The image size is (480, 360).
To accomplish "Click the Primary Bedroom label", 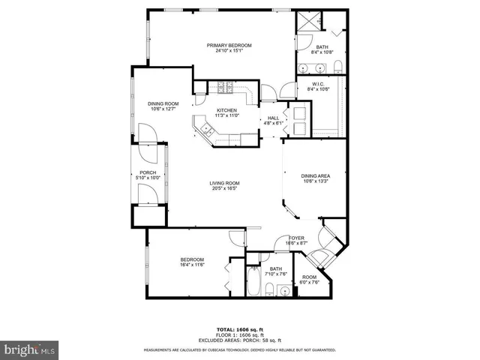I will point(229,46).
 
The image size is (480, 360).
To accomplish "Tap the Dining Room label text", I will point(163,103).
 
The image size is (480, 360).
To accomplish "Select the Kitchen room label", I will point(226,110).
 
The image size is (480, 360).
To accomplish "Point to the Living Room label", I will point(223,183).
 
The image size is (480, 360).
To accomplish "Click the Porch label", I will point(148,172).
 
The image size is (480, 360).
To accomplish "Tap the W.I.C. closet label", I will point(318,84).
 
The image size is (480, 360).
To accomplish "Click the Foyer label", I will point(297,238).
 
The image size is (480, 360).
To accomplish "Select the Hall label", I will point(274,118).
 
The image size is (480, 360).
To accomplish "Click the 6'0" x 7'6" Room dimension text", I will point(310,283).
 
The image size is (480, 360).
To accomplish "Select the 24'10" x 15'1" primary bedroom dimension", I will point(229,51).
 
